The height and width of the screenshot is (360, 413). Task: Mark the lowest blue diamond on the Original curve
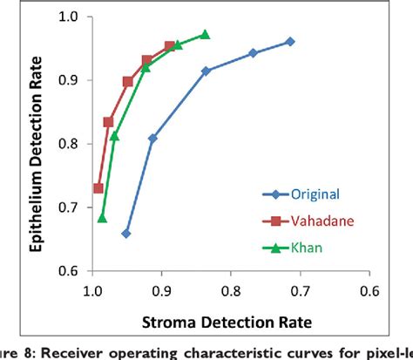click(x=126, y=234)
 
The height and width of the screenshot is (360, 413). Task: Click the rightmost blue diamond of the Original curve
click(x=290, y=41)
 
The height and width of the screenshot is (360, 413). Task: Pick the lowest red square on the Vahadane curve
click(x=98, y=188)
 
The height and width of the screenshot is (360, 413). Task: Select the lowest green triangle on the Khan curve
click(x=102, y=218)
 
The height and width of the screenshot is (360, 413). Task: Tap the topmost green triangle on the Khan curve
click(x=205, y=34)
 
